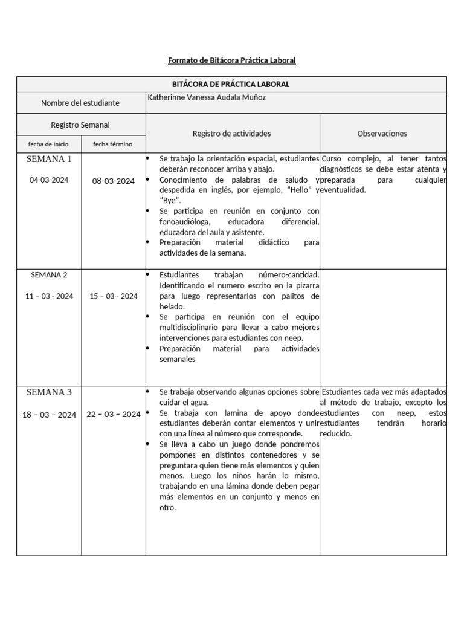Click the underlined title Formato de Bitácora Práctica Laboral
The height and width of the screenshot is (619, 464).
pos(231,61)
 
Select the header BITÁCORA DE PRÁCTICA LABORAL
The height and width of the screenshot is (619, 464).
pos(231,84)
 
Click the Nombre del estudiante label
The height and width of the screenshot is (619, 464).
pos(80,103)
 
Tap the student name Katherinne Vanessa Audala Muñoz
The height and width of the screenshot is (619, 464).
pos(207,97)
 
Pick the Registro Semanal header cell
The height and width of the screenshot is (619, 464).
pos(80,125)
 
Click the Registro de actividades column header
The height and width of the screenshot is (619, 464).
pos(232,133)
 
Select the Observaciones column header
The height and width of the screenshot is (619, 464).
pos(382,133)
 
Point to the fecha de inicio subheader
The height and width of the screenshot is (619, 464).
pos(48,144)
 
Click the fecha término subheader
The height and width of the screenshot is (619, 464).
pos(112,144)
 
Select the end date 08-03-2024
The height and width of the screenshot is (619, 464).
pos(113,181)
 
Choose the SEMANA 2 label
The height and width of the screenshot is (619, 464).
pos(49,275)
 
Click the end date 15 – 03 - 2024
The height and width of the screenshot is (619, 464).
pos(114,296)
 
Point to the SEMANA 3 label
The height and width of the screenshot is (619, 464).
pos(49,392)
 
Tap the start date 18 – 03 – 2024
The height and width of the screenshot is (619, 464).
pos(50,415)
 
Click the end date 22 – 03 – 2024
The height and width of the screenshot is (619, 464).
pos(114,414)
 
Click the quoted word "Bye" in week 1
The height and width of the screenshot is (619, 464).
pos(170,200)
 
